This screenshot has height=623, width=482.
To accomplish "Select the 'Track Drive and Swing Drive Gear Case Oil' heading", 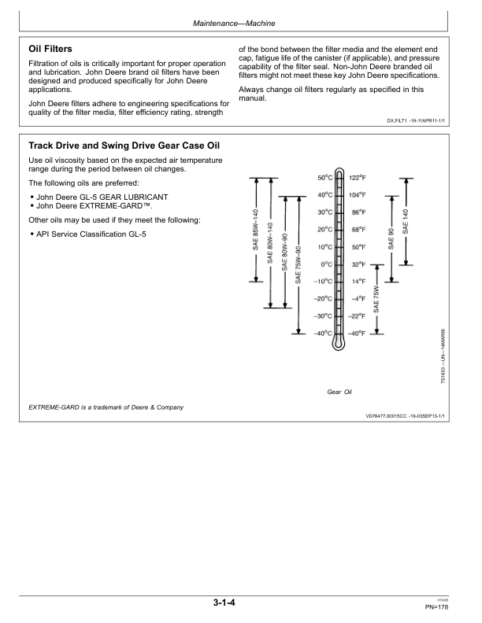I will pyautogui.click(x=124, y=146).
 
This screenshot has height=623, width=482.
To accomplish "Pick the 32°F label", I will pyautogui.click(x=358, y=264).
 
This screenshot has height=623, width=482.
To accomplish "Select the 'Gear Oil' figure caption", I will pyautogui.click(x=339, y=391).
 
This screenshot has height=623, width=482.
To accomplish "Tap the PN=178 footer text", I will pyautogui.click(x=437, y=607).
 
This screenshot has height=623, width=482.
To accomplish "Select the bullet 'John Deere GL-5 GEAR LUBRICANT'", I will pyautogui.click(x=98, y=195).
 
